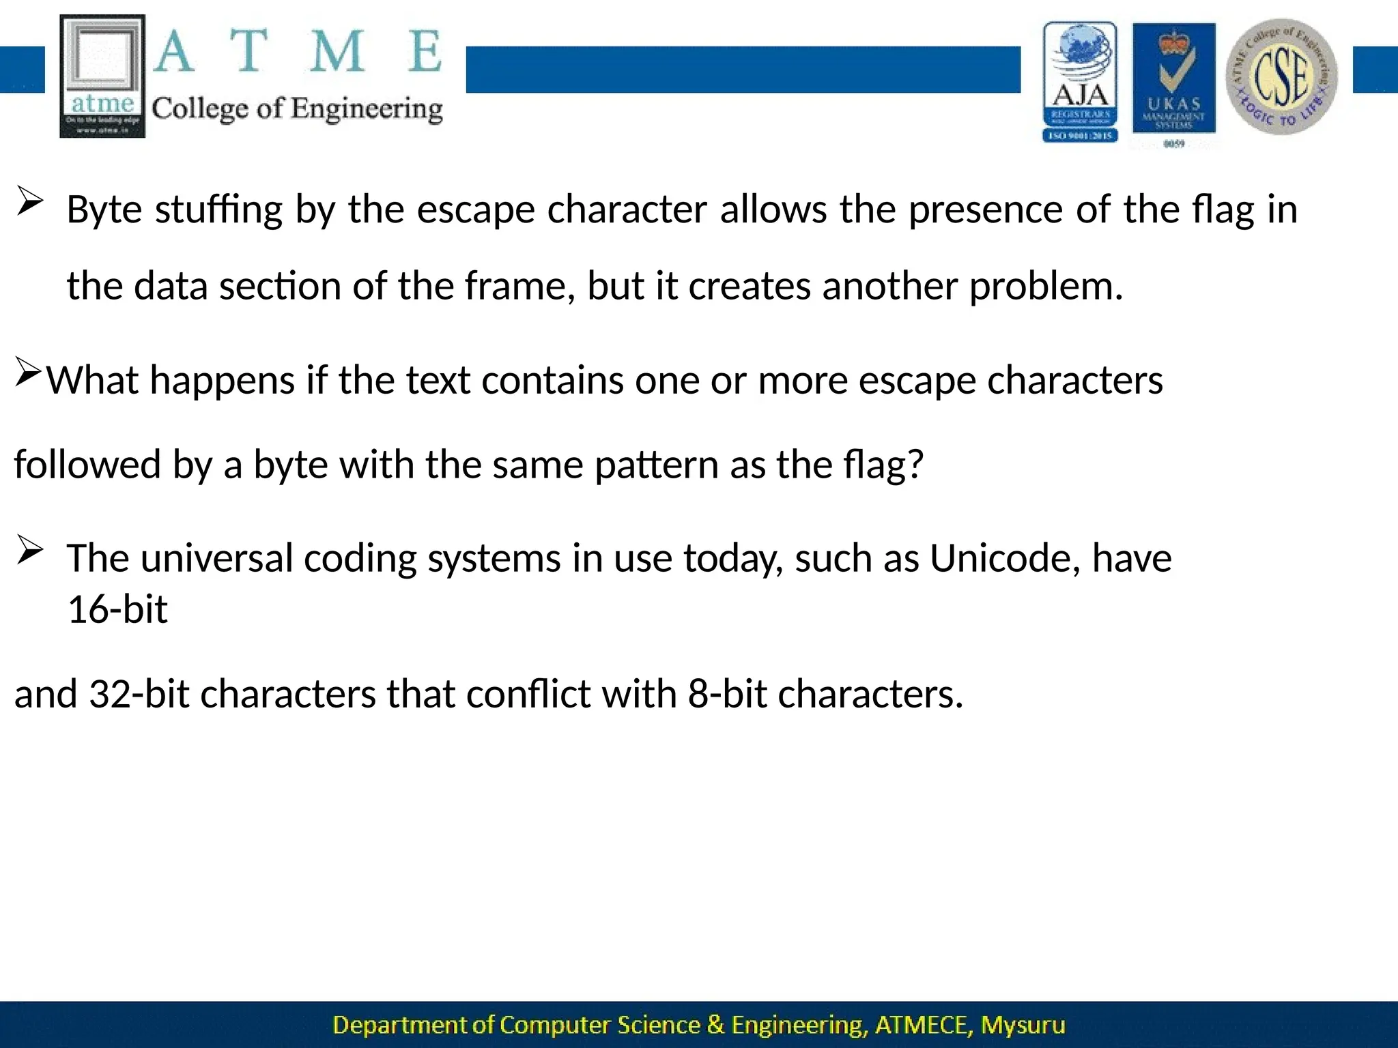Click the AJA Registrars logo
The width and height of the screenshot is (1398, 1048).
1080,82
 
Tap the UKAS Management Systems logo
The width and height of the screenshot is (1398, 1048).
1173,82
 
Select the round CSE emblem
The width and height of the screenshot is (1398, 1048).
1281,77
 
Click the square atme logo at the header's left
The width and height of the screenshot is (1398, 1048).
102,76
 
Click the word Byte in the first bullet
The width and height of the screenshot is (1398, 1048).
104,209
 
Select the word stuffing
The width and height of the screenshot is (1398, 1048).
218,209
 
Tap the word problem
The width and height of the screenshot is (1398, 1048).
1046,287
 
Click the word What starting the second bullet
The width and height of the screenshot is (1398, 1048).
92,380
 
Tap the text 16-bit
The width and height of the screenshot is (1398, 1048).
117,609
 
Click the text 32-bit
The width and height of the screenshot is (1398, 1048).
139,695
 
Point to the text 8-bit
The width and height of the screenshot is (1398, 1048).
727,695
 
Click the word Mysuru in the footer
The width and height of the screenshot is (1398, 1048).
1023,1025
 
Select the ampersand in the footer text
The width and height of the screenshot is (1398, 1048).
715,1025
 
